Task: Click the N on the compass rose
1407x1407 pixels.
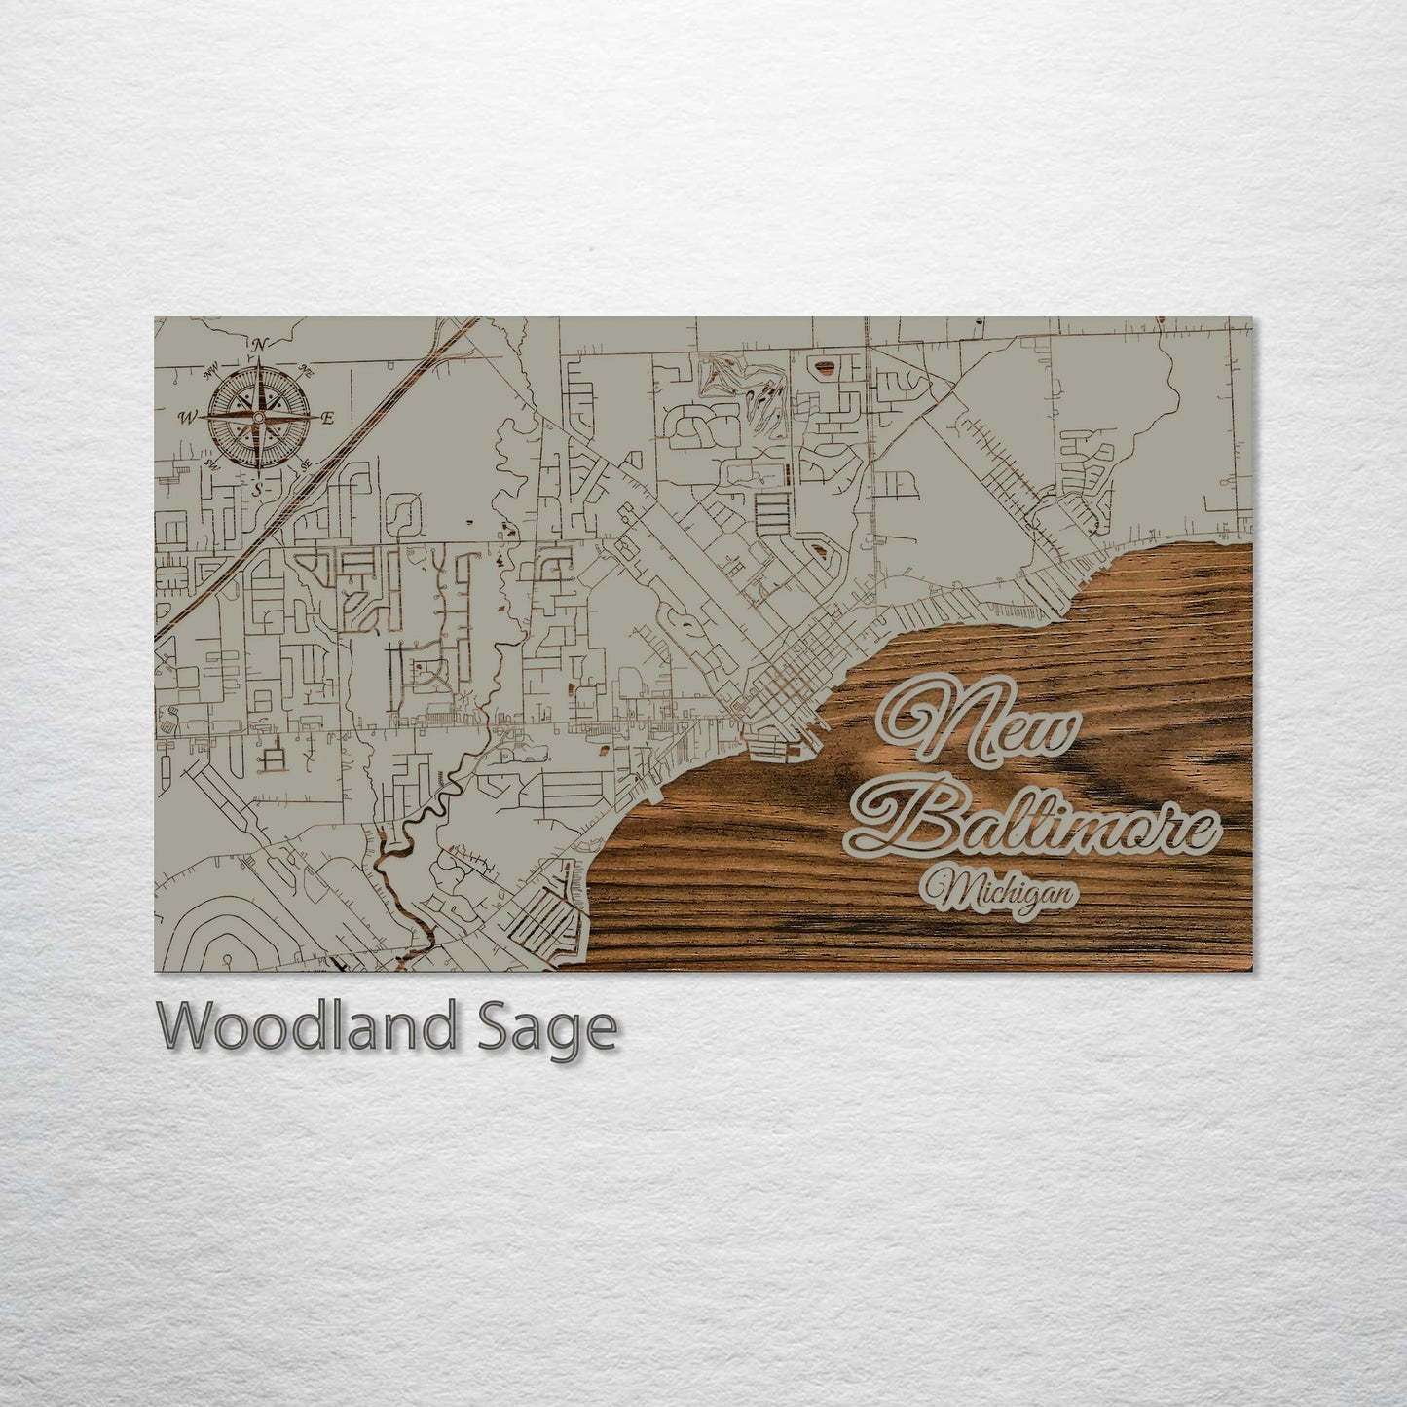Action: pyautogui.click(x=259, y=344)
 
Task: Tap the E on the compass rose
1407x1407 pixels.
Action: pyautogui.click(x=328, y=419)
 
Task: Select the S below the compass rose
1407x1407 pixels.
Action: pyautogui.click(x=257, y=491)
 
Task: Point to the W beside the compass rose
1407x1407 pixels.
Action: pyautogui.click(x=186, y=419)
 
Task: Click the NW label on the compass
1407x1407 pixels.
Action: pyautogui.click(x=210, y=370)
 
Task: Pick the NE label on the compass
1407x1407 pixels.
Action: pyautogui.click(x=306, y=370)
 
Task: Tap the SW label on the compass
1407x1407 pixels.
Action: pyautogui.click(x=211, y=465)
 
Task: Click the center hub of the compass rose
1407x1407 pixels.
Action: pyautogui.click(x=258, y=418)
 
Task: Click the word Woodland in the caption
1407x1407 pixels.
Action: pyautogui.click(x=308, y=1026)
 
